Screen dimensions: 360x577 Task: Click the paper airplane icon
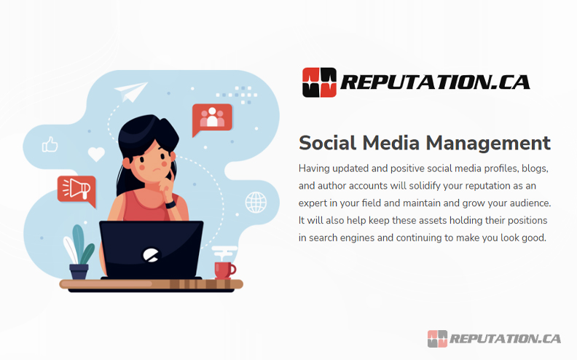(130, 93)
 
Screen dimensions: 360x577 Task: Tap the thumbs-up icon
(50, 145)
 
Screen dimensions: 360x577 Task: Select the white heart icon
(96, 154)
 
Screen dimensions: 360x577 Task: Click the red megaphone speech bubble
(76, 189)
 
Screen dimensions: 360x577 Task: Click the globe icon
(256, 202)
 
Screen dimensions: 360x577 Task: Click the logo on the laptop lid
(151, 256)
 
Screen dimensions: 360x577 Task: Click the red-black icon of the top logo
(319, 82)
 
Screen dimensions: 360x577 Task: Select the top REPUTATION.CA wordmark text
(436, 82)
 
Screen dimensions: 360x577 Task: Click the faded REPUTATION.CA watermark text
(506, 338)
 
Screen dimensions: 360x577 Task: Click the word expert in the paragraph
(315, 203)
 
